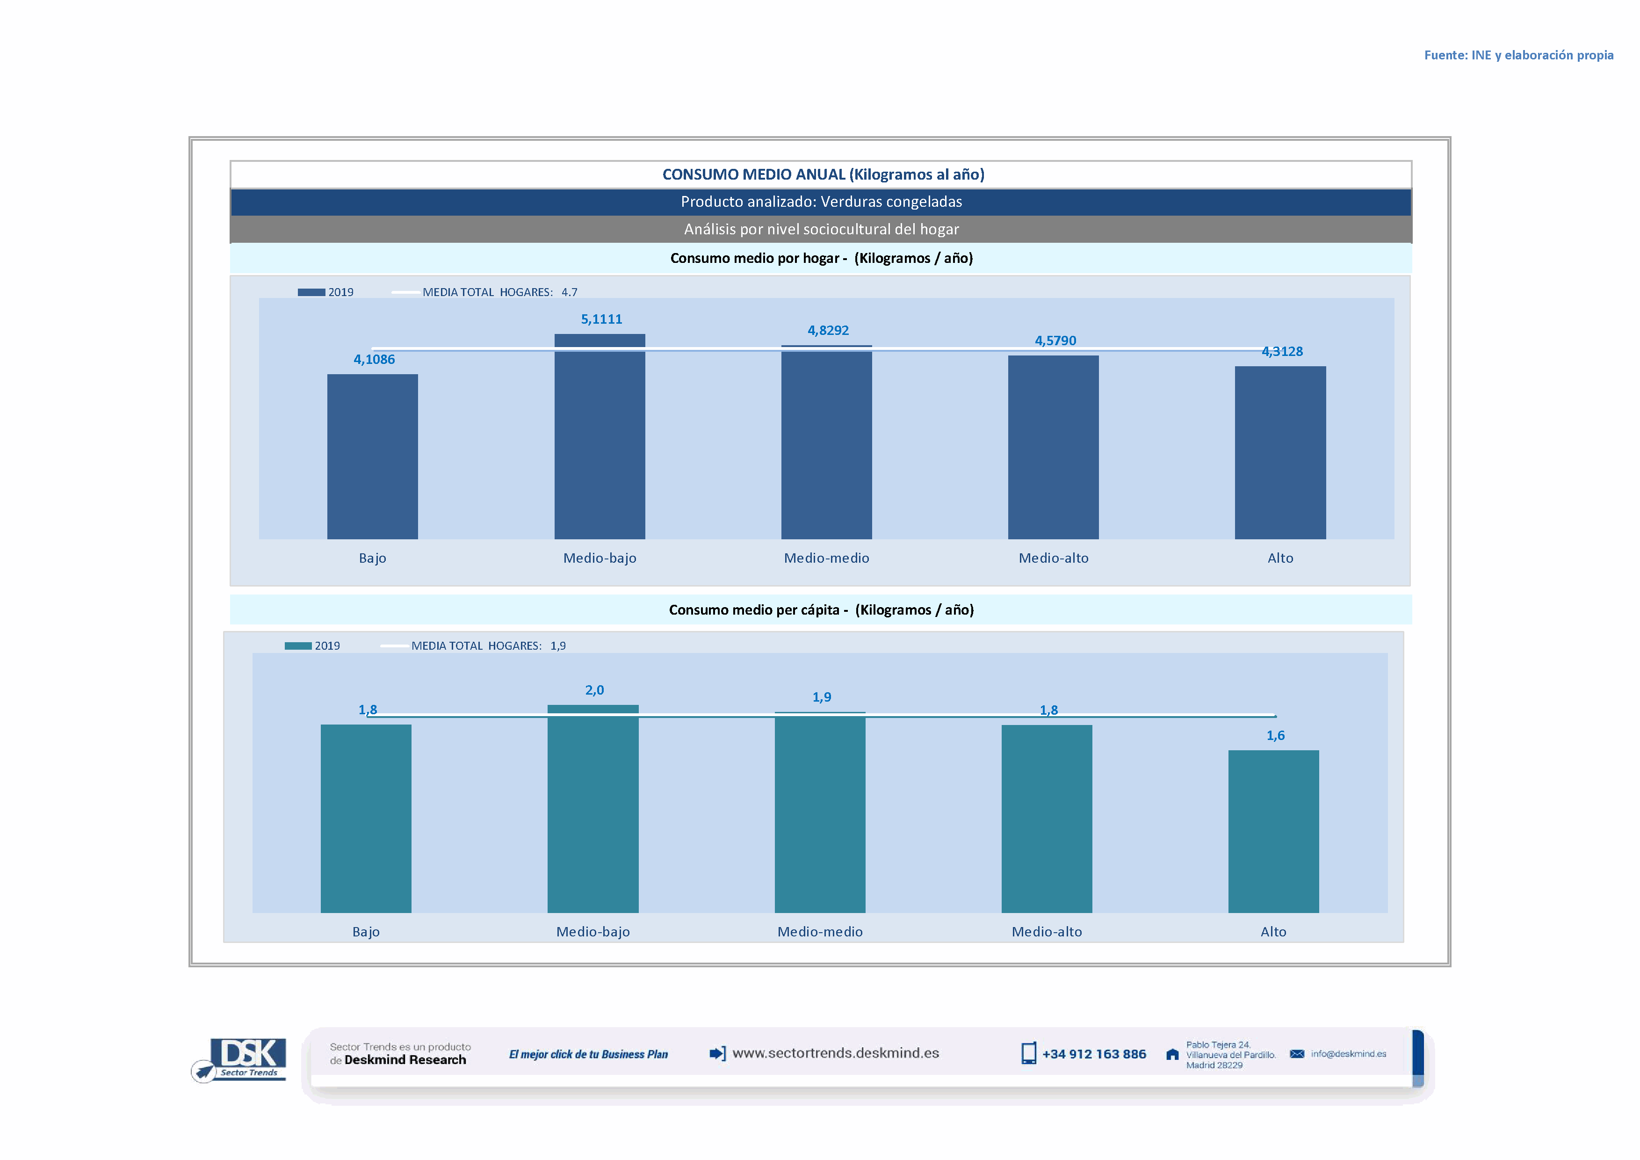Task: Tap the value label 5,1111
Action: pos(601,319)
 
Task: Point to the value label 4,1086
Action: pos(374,359)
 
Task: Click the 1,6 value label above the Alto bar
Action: pos(1275,736)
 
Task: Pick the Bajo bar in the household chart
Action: pos(372,457)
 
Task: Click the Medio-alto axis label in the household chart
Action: pos(1054,558)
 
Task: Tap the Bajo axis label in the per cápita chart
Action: pos(366,931)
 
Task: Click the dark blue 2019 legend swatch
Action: pos(311,292)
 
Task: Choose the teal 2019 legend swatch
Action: pos(298,645)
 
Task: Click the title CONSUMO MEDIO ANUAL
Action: pos(823,174)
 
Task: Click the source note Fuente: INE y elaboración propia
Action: pos(1518,55)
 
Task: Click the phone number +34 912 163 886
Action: pos(1094,1054)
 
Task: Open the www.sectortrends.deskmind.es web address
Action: pos(835,1053)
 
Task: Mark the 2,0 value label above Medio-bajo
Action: pos(594,690)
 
